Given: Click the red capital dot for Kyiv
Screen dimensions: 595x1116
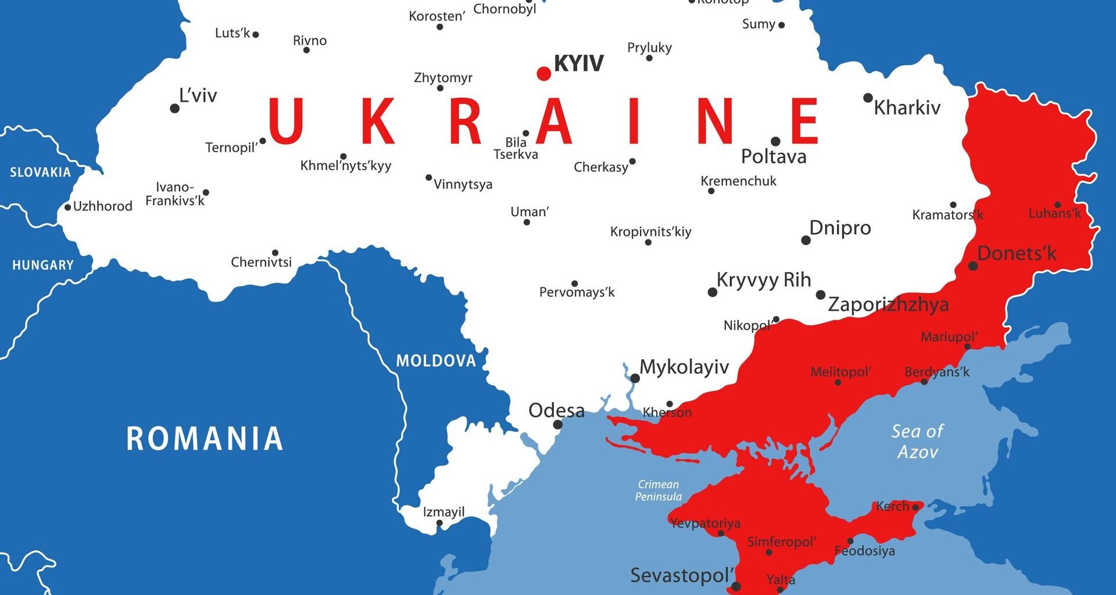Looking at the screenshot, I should (543, 74).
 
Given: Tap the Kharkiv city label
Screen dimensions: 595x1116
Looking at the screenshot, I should (907, 108).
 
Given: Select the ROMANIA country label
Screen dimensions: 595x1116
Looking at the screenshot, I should (205, 439).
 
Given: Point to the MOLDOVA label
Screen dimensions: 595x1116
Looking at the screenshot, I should (436, 361).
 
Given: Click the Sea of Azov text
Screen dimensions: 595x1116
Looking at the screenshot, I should (917, 441).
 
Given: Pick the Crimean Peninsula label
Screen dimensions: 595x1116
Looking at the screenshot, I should (658, 490).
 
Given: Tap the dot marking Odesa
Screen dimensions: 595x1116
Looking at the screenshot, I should (557, 425).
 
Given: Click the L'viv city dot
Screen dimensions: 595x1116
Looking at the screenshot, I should (174, 109).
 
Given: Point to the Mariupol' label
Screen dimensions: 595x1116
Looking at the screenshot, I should (949, 336).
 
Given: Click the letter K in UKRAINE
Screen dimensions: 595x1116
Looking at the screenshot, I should (378, 121).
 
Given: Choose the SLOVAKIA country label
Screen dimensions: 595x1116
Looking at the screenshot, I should (40, 172).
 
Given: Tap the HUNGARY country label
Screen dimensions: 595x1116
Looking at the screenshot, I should (43, 266).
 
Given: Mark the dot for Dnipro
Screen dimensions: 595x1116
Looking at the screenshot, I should (806, 241).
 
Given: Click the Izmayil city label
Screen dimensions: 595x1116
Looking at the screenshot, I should (443, 512).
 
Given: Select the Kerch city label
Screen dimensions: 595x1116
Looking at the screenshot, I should (892, 506).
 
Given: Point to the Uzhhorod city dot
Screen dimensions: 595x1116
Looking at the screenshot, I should (67, 207).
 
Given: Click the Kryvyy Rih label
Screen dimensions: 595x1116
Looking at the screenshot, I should (763, 279).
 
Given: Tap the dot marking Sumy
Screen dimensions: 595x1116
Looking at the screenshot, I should (781, 25).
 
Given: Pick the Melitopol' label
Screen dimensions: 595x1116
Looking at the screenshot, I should (840, 372).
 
